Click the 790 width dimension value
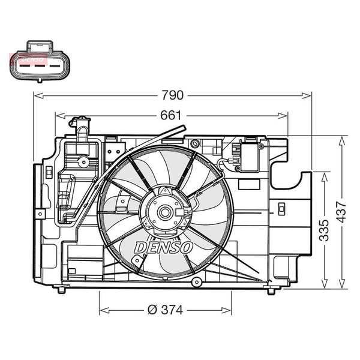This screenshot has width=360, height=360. click(x=173, y=95)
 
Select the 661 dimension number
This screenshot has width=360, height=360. click(x=171, y=115)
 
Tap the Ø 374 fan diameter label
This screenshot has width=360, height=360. click(x=165, y=310)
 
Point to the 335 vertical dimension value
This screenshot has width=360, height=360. click(x=324, y=230)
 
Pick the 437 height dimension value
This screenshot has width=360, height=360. click(x=341, y=212)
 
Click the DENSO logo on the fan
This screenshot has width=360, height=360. click(x=163, y=247)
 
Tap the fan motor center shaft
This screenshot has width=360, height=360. click(x=164, y=212)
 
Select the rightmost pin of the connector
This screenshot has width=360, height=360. click(x=55, y=66)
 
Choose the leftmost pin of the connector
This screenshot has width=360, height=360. click(x=25, y=66)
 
